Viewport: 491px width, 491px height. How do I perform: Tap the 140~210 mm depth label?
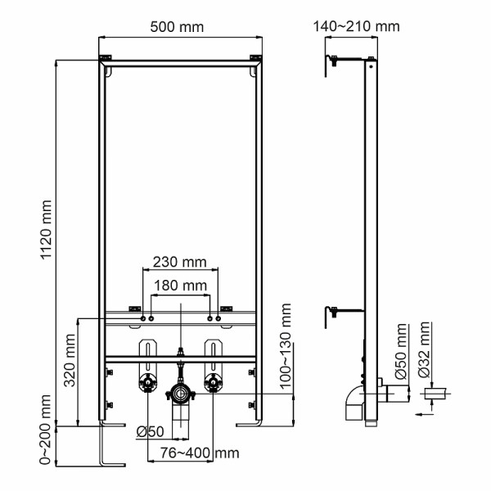(x=357, y=26)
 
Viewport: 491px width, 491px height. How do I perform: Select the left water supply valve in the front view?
(x=147, y=383)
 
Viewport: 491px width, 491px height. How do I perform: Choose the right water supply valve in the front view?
(x=212, y=383)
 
